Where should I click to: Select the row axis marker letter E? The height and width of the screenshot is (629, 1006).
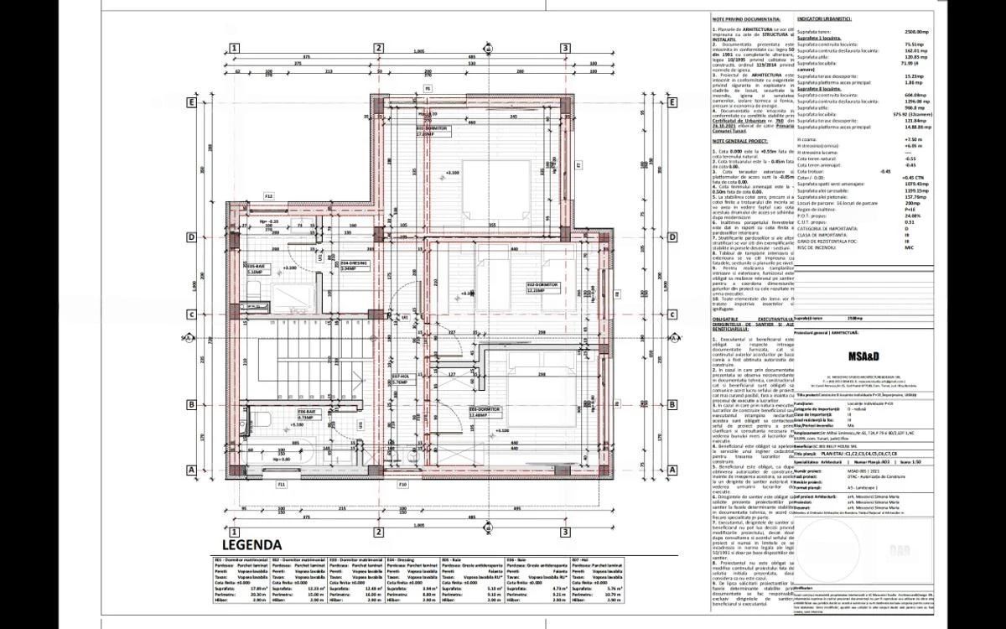[x=191, y=102]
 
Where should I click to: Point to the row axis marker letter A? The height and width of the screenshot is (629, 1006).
[x=191, y=470]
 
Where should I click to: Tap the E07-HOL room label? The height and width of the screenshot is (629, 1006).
[x=399, y=378]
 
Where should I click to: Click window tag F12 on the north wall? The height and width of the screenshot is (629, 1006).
[x=269, y=195]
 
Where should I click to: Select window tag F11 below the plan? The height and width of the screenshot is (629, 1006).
[x=281, y=485]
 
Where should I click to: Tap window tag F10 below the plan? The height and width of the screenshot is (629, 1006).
[x=402, y=485]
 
